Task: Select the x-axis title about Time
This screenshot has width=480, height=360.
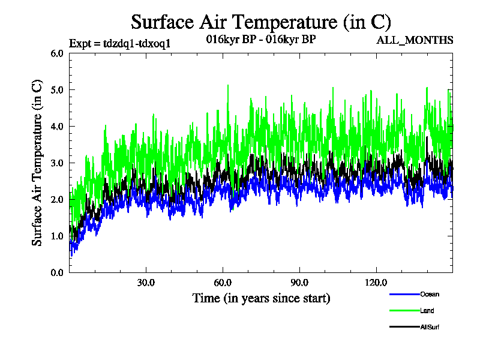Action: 261,298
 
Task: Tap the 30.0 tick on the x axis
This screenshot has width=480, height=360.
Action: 146,283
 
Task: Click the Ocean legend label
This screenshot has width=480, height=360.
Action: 429,294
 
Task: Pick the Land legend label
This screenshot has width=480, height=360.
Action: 427,311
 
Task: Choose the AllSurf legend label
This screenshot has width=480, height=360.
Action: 430,327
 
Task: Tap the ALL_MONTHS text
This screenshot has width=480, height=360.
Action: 415,40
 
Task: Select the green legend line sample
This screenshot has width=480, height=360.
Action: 403,311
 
